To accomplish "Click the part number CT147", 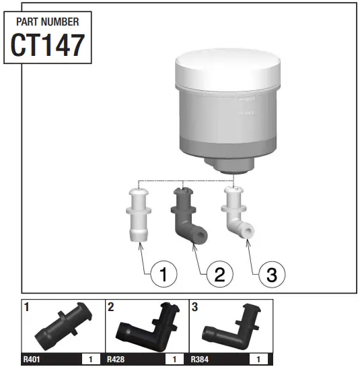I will pos(47,44).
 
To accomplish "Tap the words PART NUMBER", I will pos(47,22).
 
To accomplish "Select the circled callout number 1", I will pos(164,274).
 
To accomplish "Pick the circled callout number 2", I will pos(219,274).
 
